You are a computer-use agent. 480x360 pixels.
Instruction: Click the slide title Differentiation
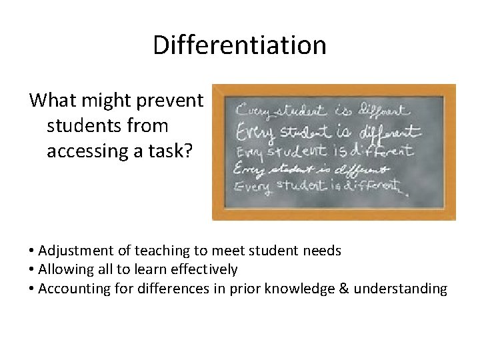click(x=239, y=45)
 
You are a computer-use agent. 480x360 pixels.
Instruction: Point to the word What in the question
click(x=49, y=101)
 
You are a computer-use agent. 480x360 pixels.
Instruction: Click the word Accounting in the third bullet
click(x=72, y=288)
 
